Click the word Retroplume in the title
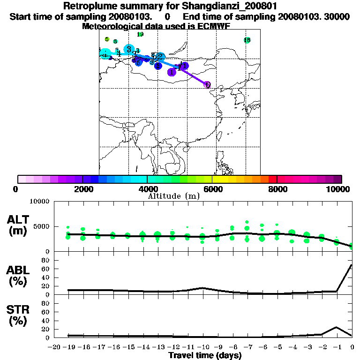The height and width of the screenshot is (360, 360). [x=92, y=6]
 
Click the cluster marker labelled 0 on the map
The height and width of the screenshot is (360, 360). [x=207, y=85]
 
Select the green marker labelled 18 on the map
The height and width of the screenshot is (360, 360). [x=247, y=40]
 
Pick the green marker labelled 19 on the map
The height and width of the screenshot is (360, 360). [x=140, y=34]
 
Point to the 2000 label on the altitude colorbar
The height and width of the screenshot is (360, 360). [x=82, y=189]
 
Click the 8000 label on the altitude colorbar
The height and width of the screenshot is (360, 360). [x=277, y=189]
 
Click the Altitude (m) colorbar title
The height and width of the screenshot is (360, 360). [x=173, y=196]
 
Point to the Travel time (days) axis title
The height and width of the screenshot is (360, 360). [x=205, y=356]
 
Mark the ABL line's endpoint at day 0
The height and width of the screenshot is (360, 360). [x=352, y=265]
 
